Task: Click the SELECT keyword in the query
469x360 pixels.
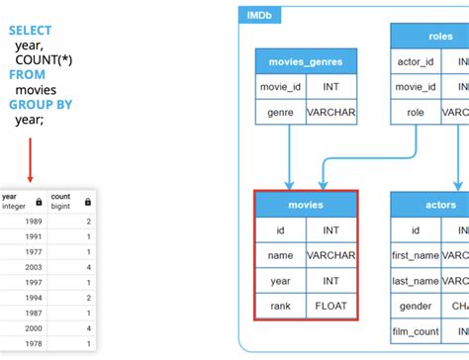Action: click(30, 31)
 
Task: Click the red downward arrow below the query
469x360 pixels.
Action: click(30, 158)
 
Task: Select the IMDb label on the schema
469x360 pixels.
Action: click(260, 17)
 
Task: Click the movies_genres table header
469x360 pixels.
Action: click(306, 61)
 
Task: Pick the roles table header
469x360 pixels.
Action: click(440, 36)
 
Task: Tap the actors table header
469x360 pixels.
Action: click(440, 205)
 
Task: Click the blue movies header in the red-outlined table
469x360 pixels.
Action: click(306, 205)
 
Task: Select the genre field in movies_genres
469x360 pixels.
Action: click(281, 113)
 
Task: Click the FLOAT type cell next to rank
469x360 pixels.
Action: click(330, 307)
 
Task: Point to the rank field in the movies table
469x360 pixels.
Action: click(281, 307)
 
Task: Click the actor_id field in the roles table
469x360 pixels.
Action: click(416, 61)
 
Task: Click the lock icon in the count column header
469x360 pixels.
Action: click(88, 202)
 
